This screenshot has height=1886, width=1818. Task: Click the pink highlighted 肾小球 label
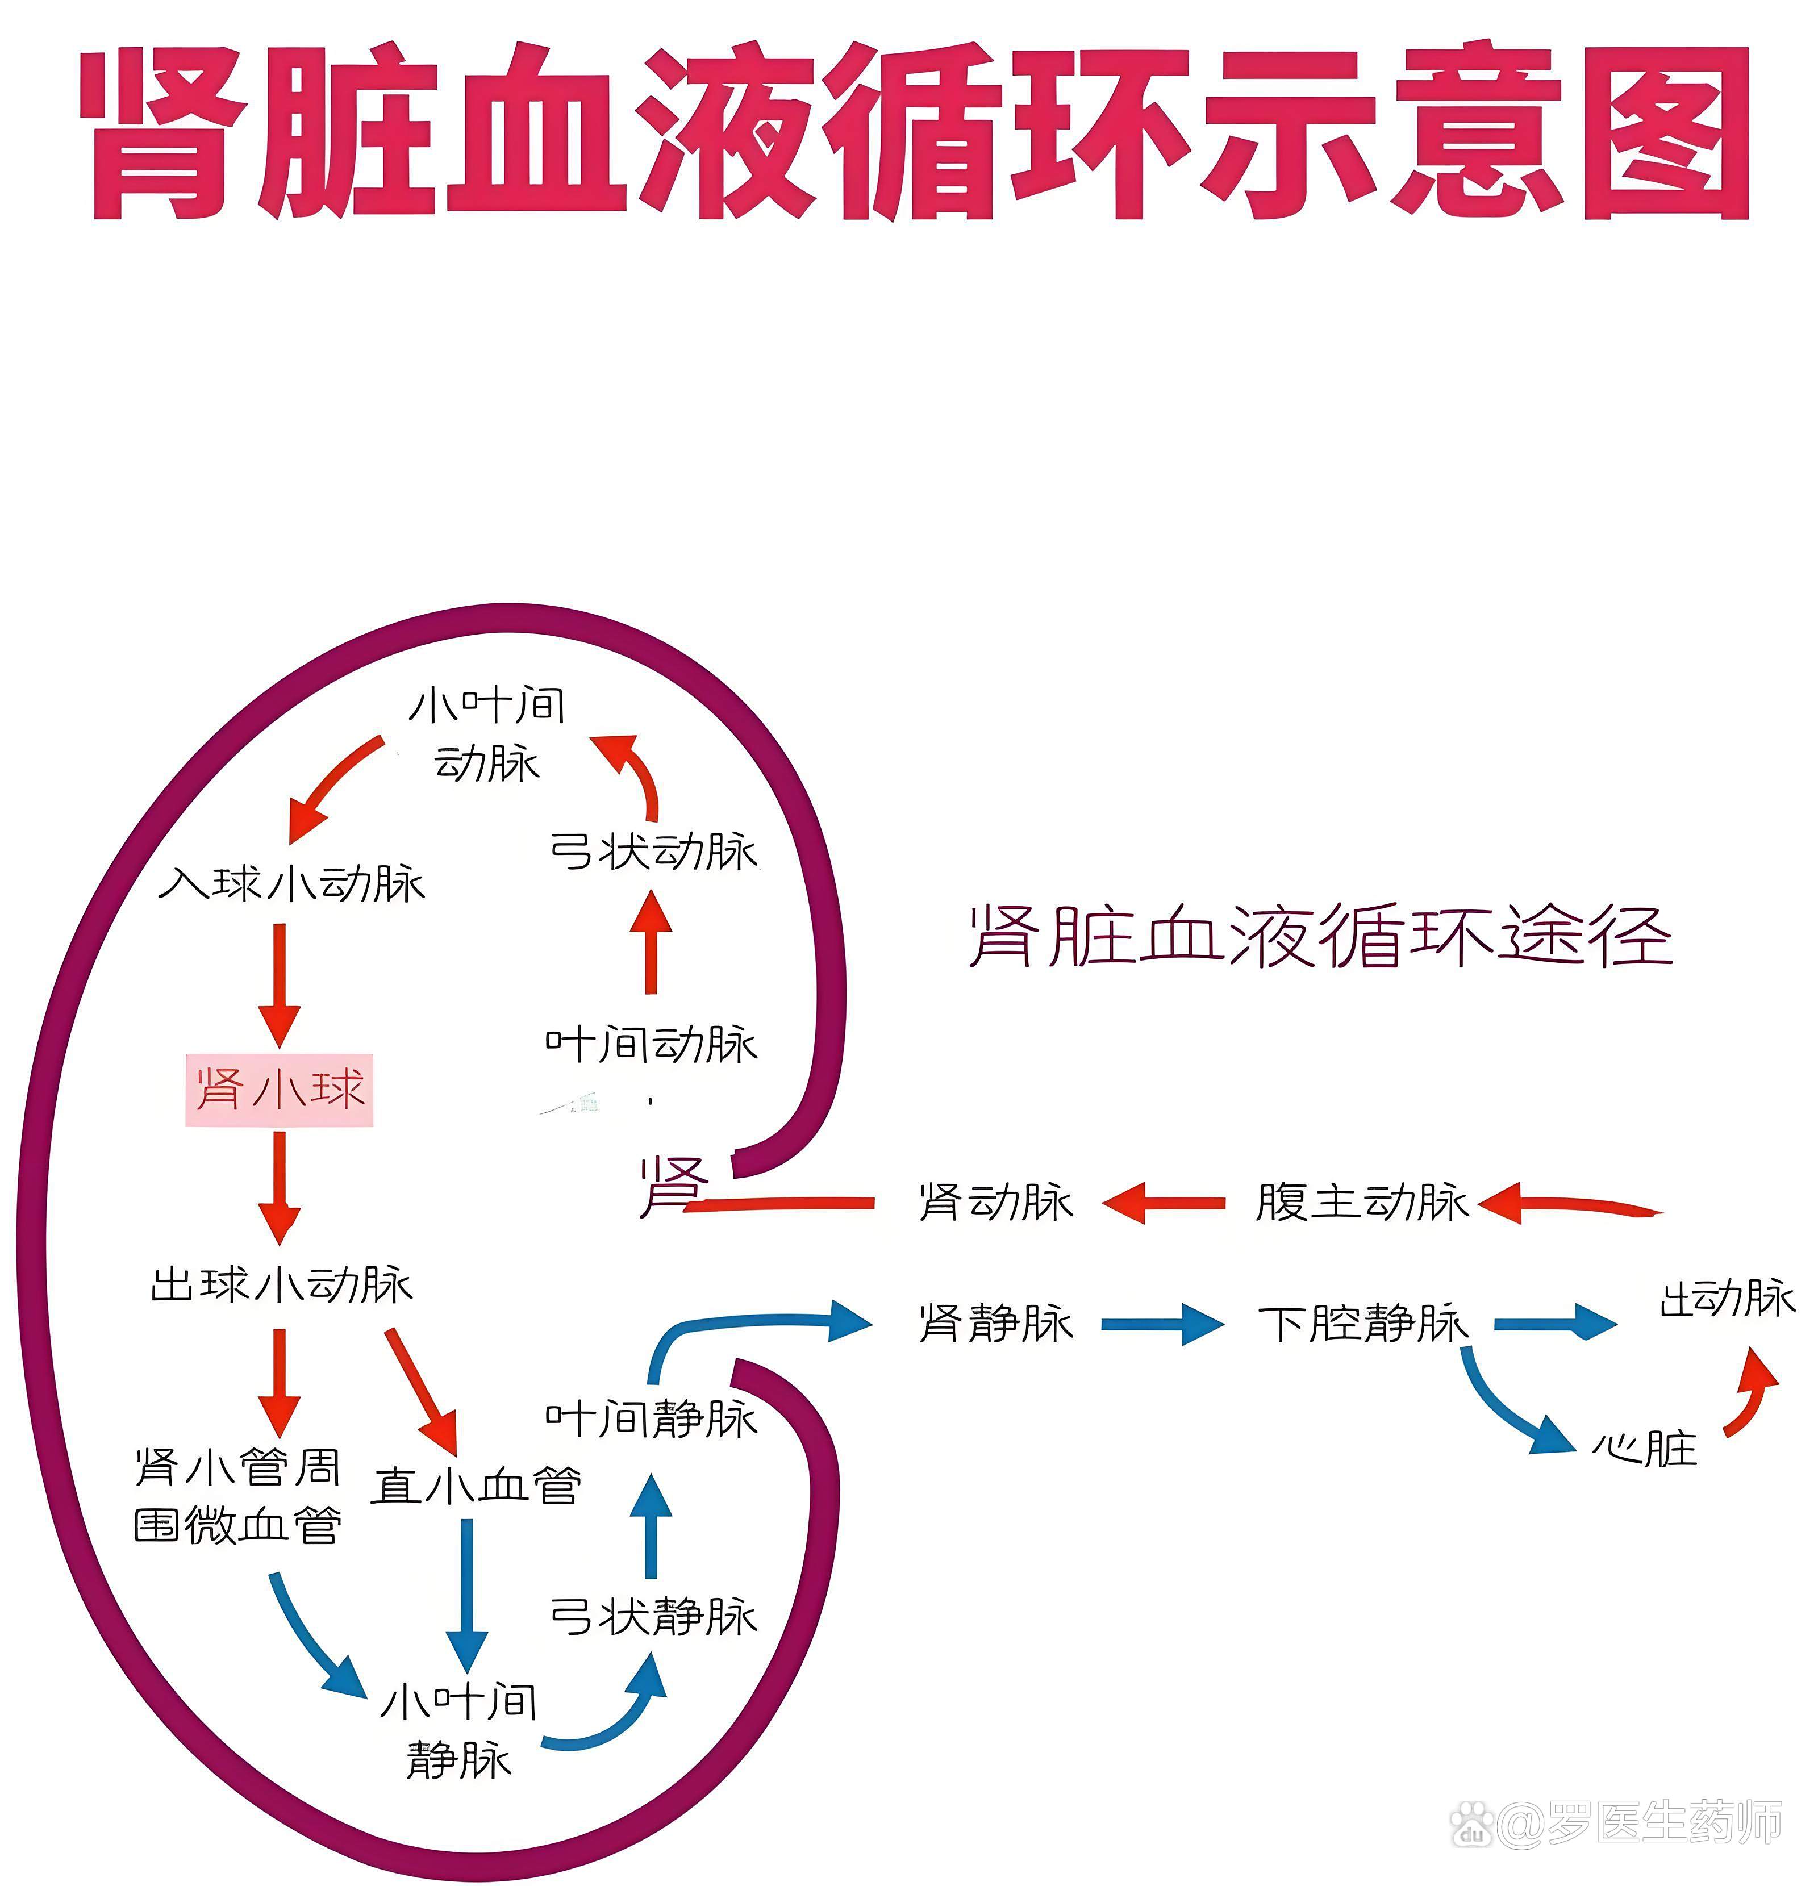click(279, 1089)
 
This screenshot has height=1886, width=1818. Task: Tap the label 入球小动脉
click(291, 883)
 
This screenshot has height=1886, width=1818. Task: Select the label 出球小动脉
click(281, 1284)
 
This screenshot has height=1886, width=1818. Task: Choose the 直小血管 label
click(477, 1485)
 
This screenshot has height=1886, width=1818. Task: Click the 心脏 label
click(1644, 1448)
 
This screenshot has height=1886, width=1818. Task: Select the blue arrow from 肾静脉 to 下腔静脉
click(1162, 1324)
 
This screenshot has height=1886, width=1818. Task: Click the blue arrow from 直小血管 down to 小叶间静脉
click(467, 1592)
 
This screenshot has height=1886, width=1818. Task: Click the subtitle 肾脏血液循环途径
click(1320, 935)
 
